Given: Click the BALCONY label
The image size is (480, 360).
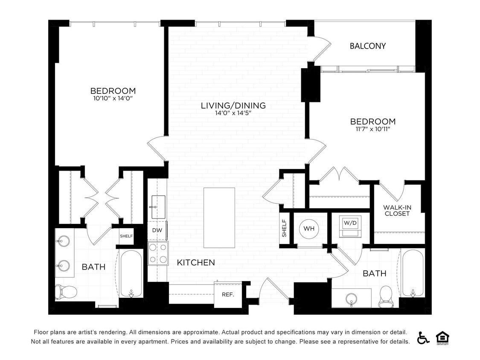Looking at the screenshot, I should (x=367, y=46).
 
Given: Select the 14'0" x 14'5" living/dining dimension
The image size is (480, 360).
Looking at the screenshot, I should (x=233, y=113).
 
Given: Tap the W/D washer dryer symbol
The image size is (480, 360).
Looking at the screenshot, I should (x=350, y=226).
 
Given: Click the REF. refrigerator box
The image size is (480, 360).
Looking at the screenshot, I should (x=228, y=294).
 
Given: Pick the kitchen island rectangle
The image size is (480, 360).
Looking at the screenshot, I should (x=219, y=218).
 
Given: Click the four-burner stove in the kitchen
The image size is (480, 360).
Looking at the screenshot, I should (x=158, y=253).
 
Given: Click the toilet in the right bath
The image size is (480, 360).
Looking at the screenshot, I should (x=386, y=296).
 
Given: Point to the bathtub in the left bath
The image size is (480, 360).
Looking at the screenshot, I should (x=131, y=273).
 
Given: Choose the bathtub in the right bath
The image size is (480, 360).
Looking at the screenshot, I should (x=413, y=273).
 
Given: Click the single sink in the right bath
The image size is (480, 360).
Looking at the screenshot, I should (x=352, y=297).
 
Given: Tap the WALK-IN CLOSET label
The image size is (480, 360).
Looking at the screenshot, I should (x=397, y=210).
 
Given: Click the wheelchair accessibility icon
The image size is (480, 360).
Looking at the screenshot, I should (x=423, y=337).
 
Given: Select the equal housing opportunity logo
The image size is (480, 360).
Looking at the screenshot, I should (x=442, y=337).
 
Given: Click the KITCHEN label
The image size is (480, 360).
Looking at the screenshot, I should (x=196, y=263).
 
